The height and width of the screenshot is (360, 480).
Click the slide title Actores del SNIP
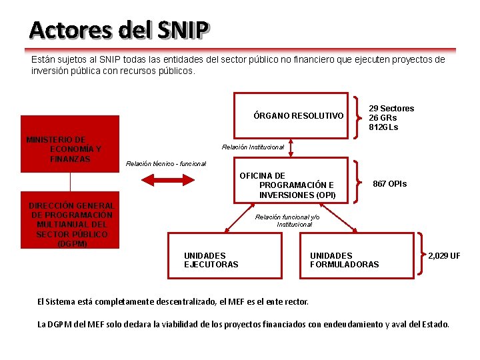pos(119,29)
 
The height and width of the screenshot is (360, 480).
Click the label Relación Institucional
pos(253,147)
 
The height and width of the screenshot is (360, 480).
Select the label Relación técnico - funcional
pos(166,163)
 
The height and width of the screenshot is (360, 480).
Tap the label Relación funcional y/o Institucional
pos(287,221)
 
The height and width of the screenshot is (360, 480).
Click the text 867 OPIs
pos(389,183)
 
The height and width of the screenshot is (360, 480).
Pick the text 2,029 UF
pos(444,255)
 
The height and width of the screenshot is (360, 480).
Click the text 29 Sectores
pos(391,108)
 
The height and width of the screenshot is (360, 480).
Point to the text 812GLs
pos(383,127)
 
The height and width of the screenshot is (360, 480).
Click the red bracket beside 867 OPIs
pos(359,180)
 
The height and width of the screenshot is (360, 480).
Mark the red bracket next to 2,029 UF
pos(421,253)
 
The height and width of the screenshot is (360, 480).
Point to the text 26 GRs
pos(383,117)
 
